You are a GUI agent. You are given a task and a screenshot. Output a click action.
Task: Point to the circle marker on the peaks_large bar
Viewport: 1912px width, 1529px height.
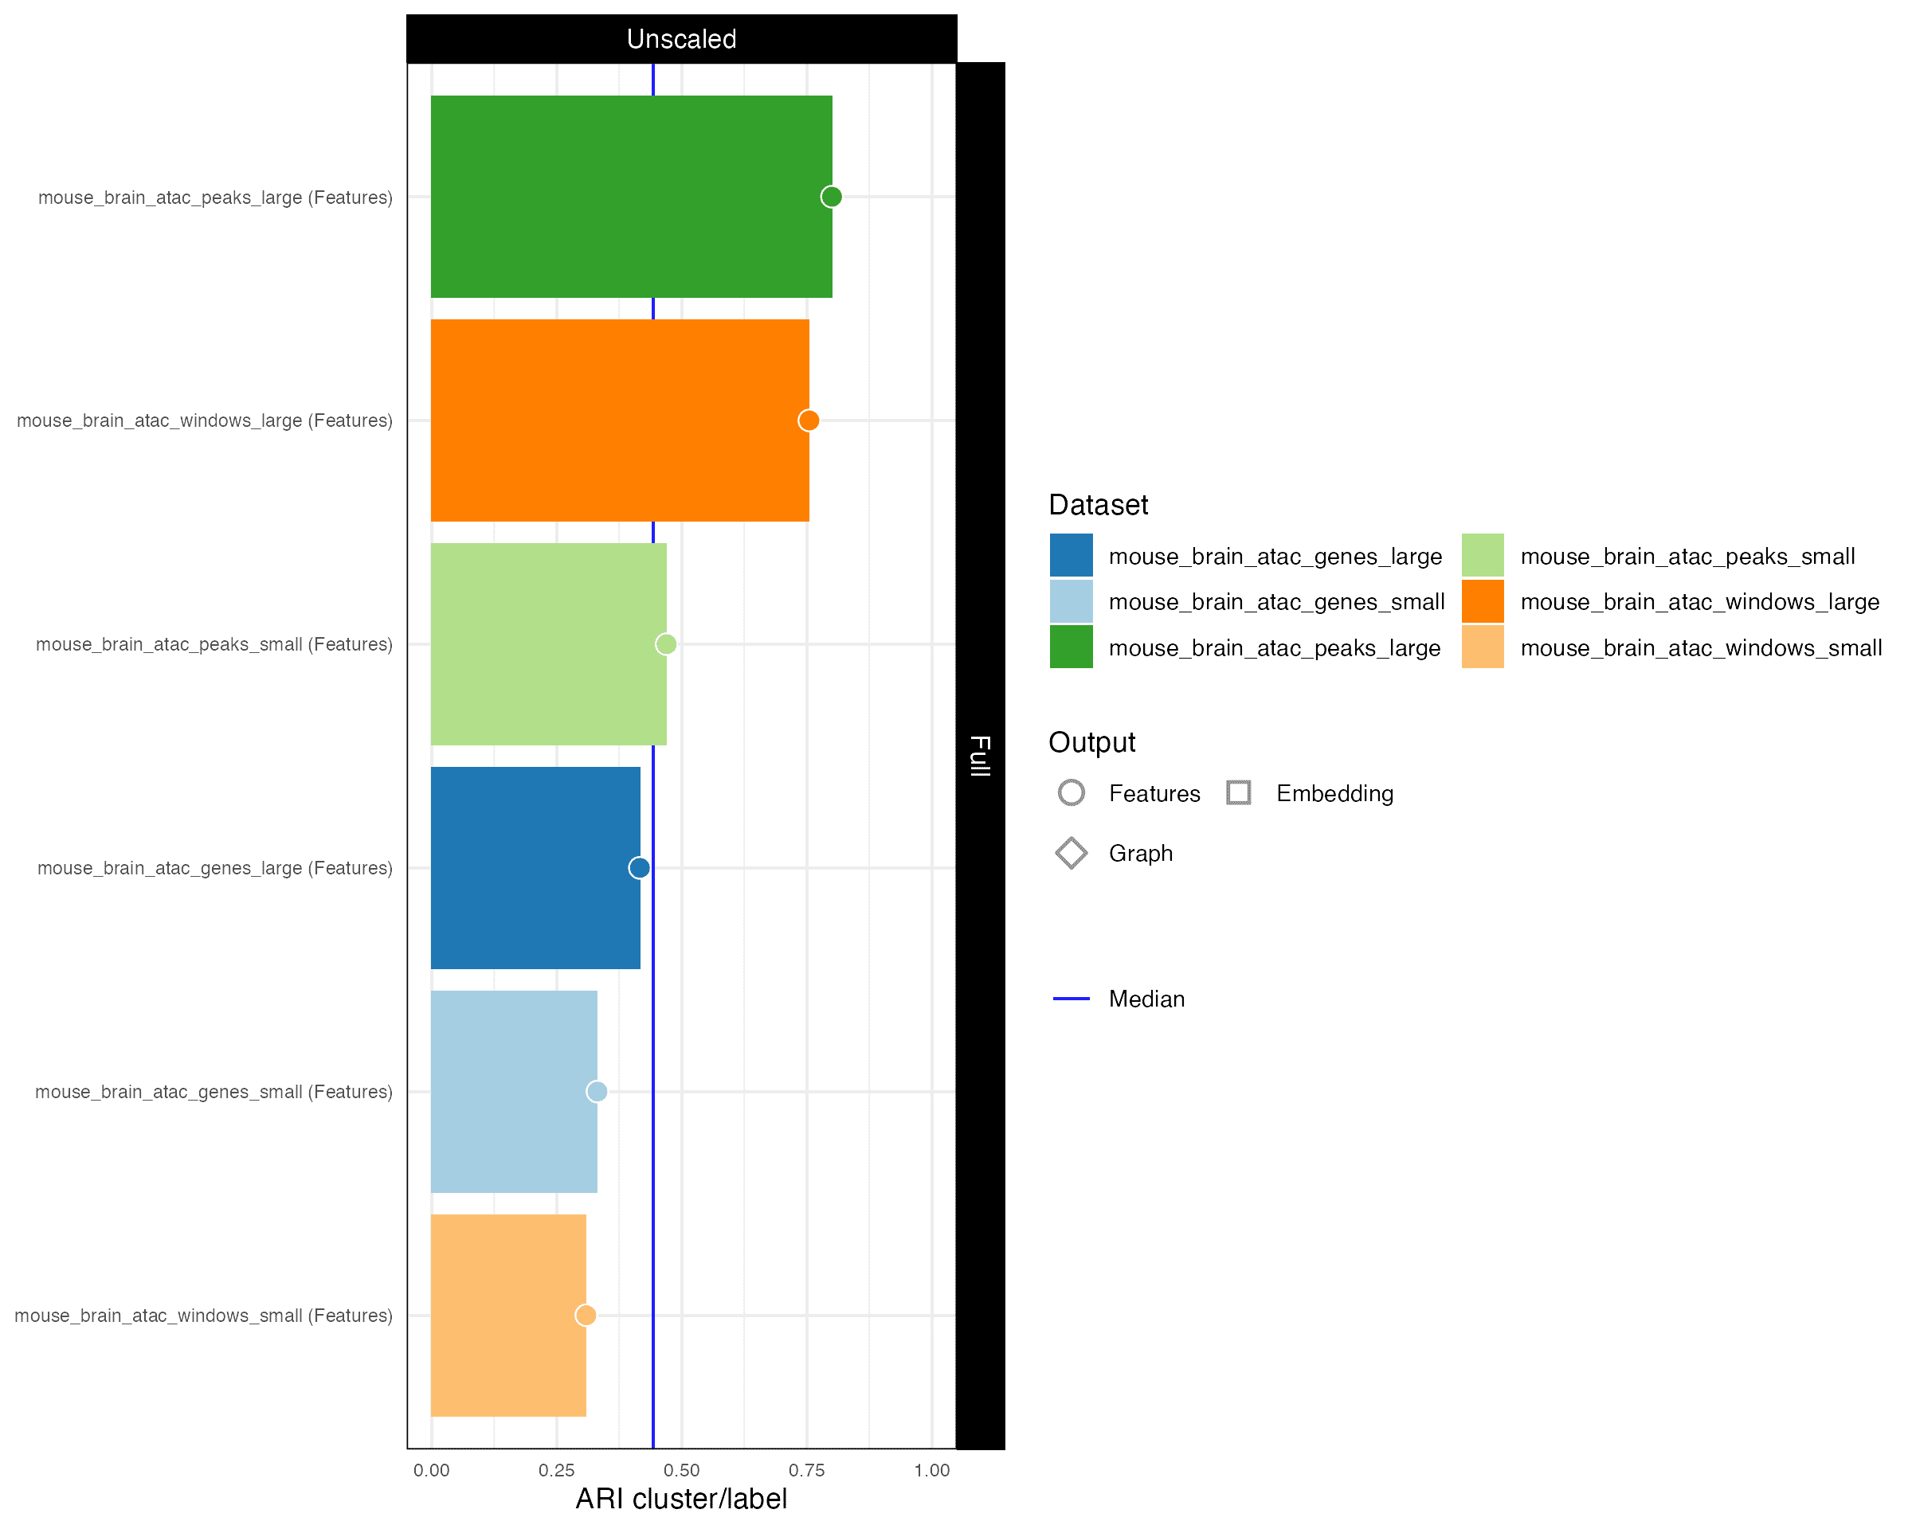pos(831,196)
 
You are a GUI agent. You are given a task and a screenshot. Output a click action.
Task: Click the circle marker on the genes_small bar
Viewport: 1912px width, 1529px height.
pos(597,1091)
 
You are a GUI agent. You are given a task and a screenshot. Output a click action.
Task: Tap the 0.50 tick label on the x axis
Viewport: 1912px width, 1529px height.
pos(681,1471)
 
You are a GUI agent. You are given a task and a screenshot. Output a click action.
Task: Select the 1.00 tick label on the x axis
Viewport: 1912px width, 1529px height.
pos(931,1471)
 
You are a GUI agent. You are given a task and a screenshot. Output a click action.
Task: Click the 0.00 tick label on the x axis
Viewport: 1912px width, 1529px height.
pos(431,1471)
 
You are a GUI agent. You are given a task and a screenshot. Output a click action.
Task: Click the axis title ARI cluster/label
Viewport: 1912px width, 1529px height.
pos(681,1499)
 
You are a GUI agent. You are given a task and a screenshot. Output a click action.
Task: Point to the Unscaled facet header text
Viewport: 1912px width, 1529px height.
pos(681,39)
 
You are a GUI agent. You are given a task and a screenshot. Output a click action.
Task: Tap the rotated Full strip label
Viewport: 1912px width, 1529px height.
pos(980,755)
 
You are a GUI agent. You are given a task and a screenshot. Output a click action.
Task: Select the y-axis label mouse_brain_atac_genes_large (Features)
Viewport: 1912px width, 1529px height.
pos(214,868)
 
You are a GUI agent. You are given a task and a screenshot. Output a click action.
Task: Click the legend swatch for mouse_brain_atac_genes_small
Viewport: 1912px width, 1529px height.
pos(1072,602)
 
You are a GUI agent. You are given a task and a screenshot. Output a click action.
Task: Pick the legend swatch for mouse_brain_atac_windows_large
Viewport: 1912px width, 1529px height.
pos(1483,602)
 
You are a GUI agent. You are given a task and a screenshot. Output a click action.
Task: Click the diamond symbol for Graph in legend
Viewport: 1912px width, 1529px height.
pos(1072,853)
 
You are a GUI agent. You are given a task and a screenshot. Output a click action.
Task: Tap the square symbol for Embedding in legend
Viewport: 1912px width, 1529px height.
pos(1239,792)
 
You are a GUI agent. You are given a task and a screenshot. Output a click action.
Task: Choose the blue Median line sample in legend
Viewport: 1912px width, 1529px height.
pos(1072,999)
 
